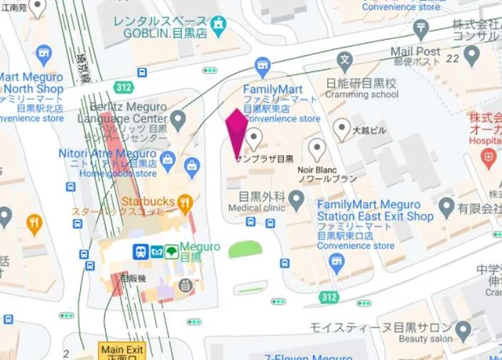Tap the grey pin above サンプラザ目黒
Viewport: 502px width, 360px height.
click(253, 140)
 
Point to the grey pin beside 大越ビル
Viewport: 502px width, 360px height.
click(341, 128)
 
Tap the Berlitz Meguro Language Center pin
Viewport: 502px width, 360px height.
click(179, 119)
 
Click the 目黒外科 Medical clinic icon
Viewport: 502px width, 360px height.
click(296, 201)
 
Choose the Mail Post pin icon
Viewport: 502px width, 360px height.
click(471, 55)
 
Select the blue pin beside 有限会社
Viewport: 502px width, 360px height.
click(447, 208)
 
